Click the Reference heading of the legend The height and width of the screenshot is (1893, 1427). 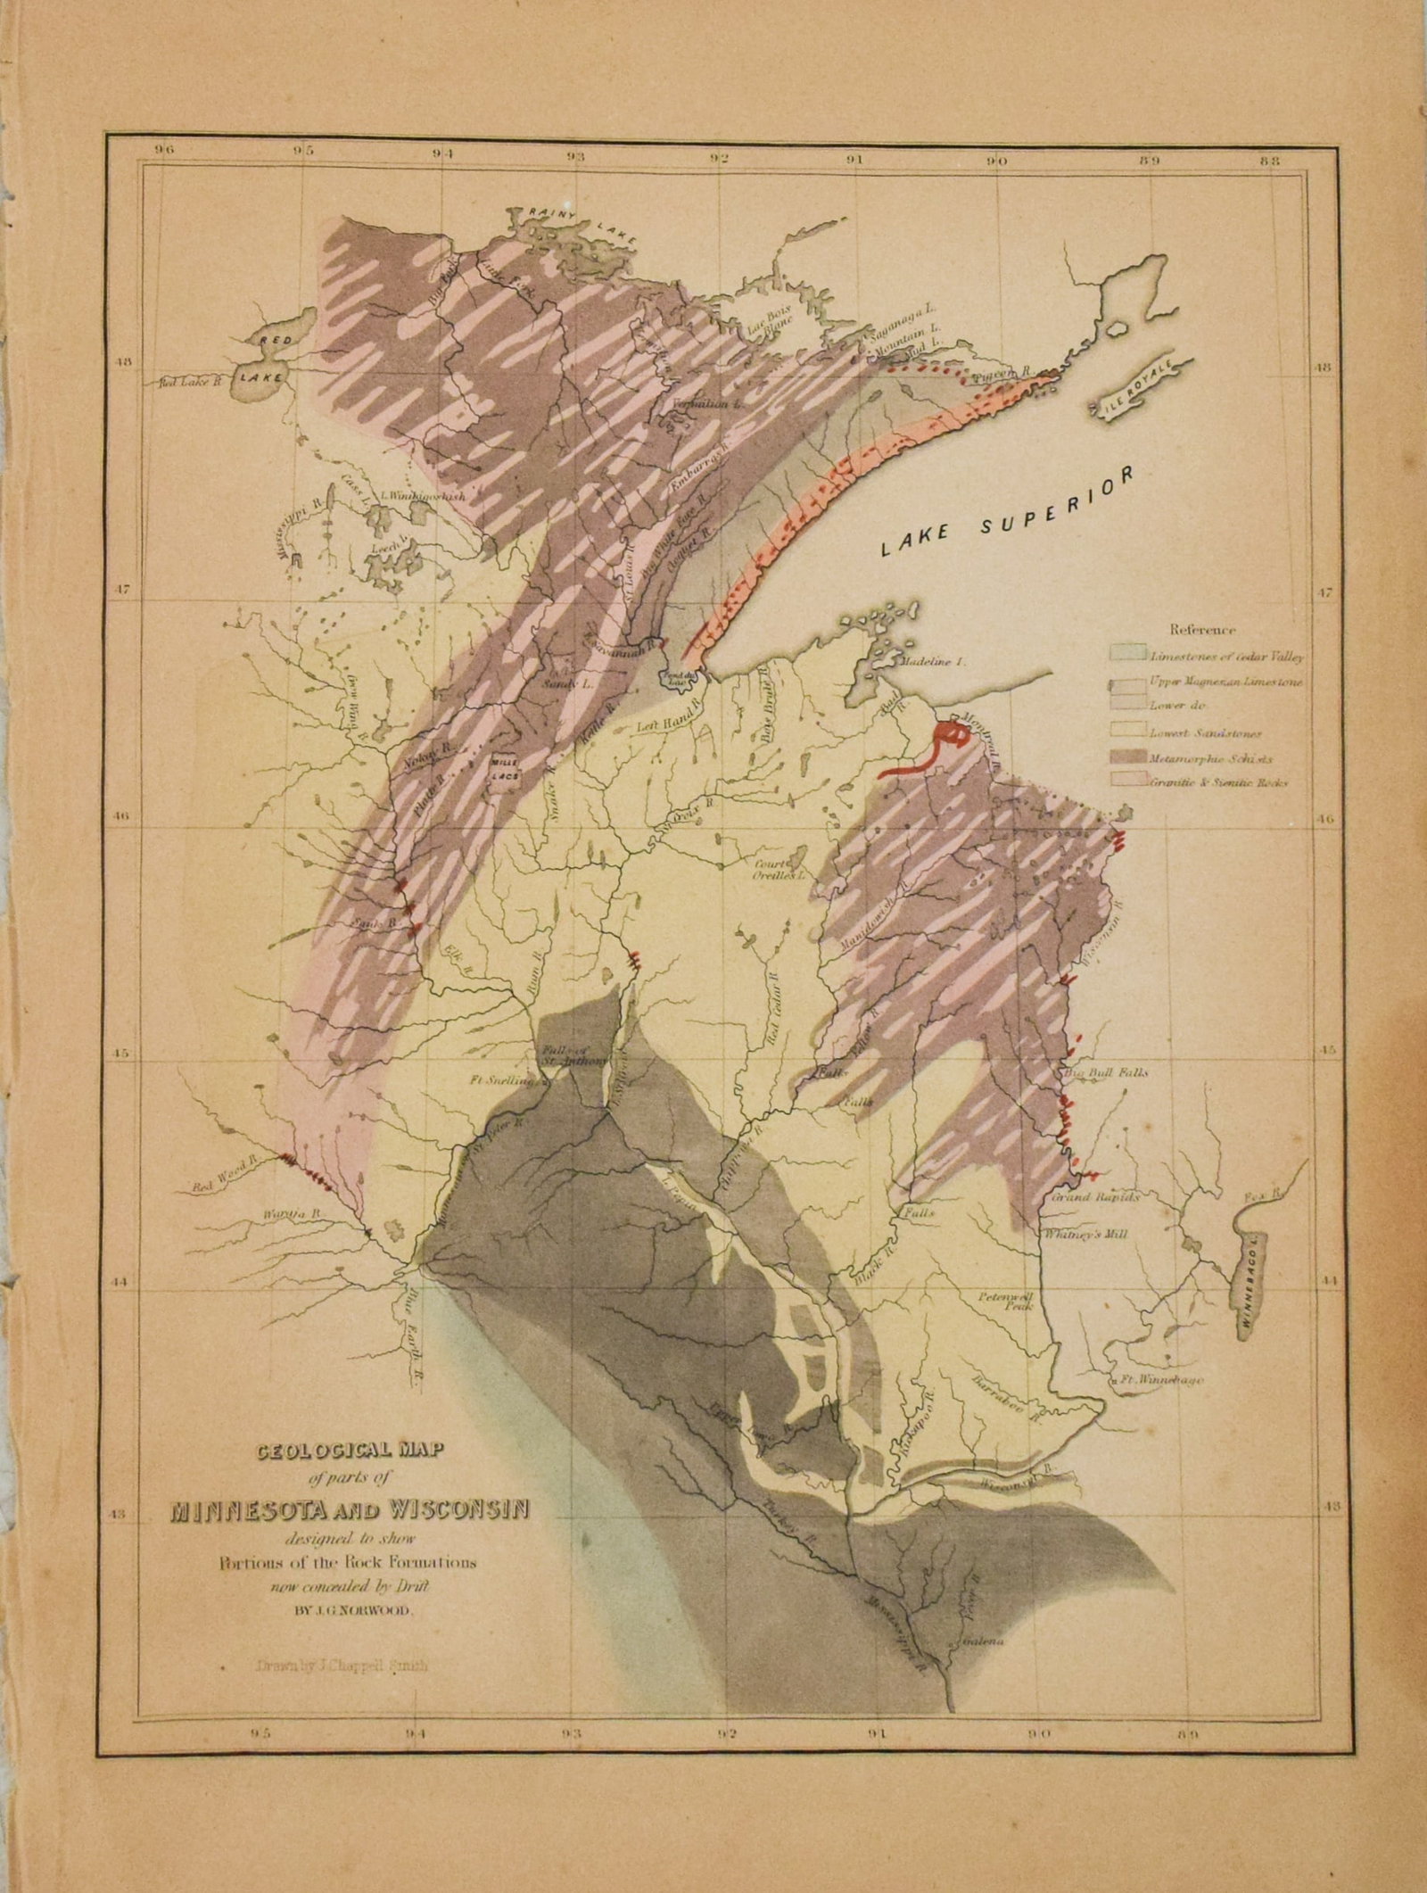pos(1201,630)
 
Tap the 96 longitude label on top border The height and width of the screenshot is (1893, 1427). pos(162,151)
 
